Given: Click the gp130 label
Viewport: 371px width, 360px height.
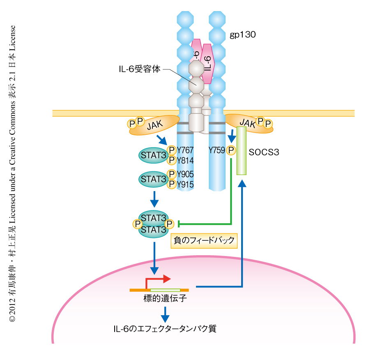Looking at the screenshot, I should tap(243, 35).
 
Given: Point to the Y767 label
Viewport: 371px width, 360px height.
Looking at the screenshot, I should tap(185, 150).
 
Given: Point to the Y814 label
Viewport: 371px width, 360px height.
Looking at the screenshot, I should tap(185, 160).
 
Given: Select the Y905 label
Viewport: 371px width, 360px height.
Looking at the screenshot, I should tap(185, 174).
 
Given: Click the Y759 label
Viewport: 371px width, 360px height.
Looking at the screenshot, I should tap(217, 150).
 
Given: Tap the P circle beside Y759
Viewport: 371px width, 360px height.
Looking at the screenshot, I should tap(231, 150).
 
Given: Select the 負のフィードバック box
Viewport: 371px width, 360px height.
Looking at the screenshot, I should tap(204, 240).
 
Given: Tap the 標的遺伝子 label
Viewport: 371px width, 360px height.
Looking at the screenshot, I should tap(163, 299).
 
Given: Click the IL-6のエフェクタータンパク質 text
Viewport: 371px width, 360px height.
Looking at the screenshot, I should tap(165, 329).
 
